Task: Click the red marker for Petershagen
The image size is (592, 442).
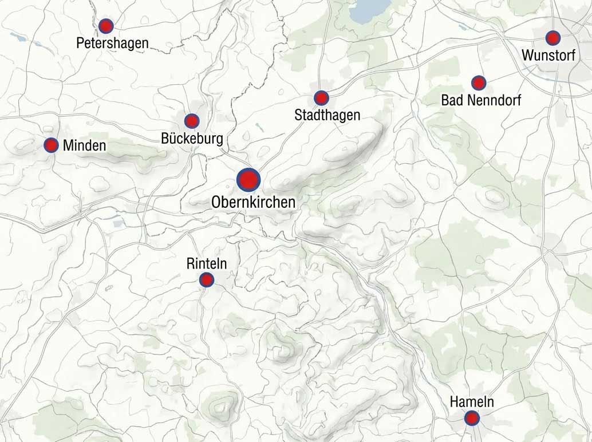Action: click(106, 26)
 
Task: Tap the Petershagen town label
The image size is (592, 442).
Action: click(112, 43)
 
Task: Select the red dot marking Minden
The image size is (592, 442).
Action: click(52, 145)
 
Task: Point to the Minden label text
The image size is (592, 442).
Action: click(84, 145)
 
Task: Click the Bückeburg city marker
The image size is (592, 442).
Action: click(192, 121)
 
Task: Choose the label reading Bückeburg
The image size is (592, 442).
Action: click(192, 139)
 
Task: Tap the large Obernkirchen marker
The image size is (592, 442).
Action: click(248, 180)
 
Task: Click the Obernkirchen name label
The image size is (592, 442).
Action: click(253, 202)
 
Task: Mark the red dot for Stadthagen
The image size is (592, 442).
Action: click(321, 98)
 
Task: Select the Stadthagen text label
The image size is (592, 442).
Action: click(327, 115)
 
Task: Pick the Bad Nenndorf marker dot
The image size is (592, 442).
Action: click(479, 83)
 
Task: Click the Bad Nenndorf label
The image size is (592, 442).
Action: click(480, 100)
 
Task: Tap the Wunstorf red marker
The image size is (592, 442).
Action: click(552, 38)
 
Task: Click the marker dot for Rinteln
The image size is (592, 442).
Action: click(207, 279)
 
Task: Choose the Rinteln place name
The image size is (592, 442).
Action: click(207, 263)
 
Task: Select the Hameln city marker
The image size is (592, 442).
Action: click(472, 419)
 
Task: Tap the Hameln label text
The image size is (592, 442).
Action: click(472, 402)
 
